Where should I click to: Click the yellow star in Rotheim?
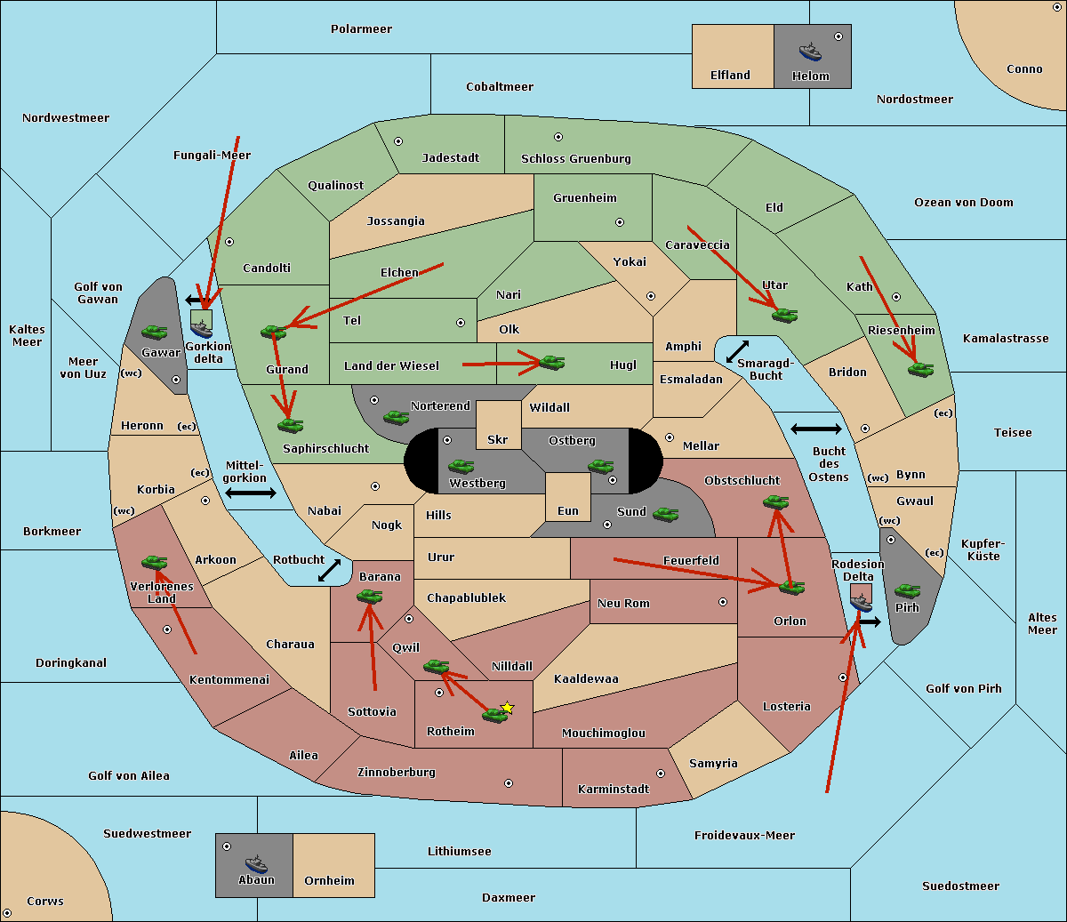507,708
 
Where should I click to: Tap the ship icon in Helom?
810,52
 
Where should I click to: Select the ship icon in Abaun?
256,863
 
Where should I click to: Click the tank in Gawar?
155,332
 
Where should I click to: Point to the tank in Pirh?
908,590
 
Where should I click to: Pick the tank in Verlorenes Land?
155,562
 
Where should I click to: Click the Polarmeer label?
361,29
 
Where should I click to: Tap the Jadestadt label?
450,158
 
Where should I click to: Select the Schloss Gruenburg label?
575,159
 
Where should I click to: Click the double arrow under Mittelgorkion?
251,493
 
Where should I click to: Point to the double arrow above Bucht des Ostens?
815,429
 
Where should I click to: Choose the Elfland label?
730,76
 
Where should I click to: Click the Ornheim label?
329,881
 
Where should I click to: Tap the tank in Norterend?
397,416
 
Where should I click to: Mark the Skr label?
498,440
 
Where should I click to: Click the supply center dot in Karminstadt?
661,774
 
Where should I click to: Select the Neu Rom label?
623,604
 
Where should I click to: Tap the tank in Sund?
666,514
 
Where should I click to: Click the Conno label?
1024,69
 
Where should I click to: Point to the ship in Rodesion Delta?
861,602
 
